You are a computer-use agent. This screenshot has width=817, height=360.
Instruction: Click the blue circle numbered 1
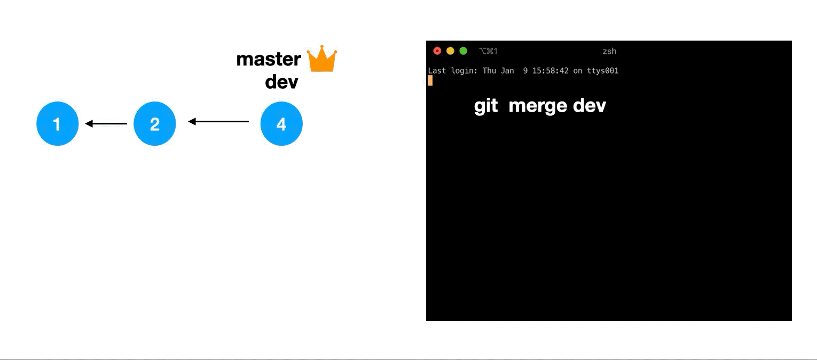(57, 124)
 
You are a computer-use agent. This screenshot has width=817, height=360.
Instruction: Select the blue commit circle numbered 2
(154, 124)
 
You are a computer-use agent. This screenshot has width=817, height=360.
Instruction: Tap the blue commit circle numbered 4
(281, 124)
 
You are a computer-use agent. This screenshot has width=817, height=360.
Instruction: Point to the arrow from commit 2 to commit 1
(106, 124)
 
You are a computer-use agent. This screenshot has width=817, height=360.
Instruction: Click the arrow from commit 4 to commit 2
(219, 122)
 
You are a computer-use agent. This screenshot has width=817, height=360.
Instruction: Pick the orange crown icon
(322, 59)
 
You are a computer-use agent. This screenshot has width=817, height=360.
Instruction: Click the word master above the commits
(269, 59)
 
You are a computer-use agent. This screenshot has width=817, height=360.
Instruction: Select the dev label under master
(281, 82)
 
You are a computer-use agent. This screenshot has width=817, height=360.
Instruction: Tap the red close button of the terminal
(437, 51)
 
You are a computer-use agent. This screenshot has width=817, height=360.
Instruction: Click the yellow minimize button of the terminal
(450, 51)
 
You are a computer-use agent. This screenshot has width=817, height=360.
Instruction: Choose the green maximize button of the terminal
(464, 51)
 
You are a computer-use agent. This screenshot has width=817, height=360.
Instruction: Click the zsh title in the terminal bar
(609, 51)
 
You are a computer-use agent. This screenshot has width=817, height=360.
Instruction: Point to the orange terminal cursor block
(430, 81)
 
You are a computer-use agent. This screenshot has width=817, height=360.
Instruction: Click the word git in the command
(486, 106)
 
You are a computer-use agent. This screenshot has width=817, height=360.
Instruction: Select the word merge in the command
(538, 106)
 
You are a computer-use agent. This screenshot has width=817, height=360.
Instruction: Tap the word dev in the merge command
(590, 106)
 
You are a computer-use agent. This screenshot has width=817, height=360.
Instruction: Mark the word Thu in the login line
(489, 71)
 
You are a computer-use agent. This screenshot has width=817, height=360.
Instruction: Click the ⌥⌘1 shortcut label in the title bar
(488, 51)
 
